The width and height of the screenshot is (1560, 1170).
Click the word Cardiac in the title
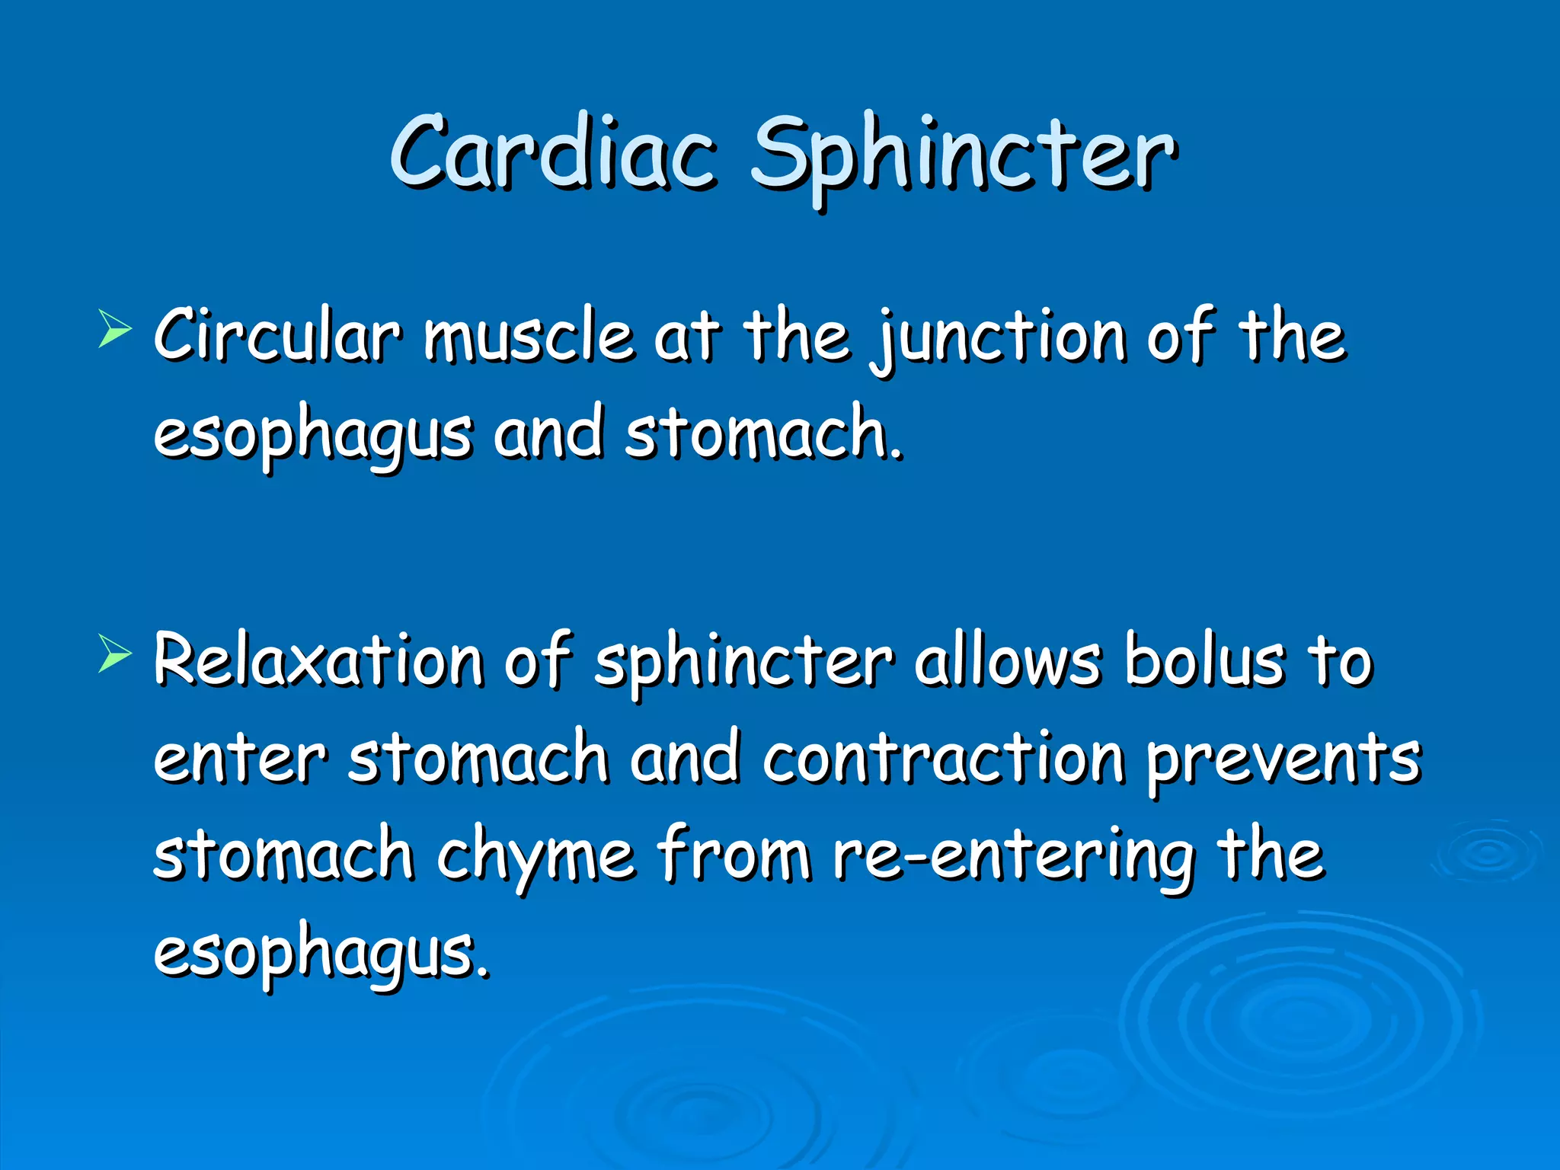coord(554,152)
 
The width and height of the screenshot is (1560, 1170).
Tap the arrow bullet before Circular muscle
coord(115,332)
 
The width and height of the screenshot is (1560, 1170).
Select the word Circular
coord(277,335)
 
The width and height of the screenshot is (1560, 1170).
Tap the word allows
coord(1007,660)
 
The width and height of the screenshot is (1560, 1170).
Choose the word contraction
coord(944,758)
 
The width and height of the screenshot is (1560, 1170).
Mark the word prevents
coord(1284,760)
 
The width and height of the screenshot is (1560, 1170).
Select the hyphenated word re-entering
coord(1013,857)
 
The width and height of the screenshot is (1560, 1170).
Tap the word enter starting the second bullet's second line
coord(240,758)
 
